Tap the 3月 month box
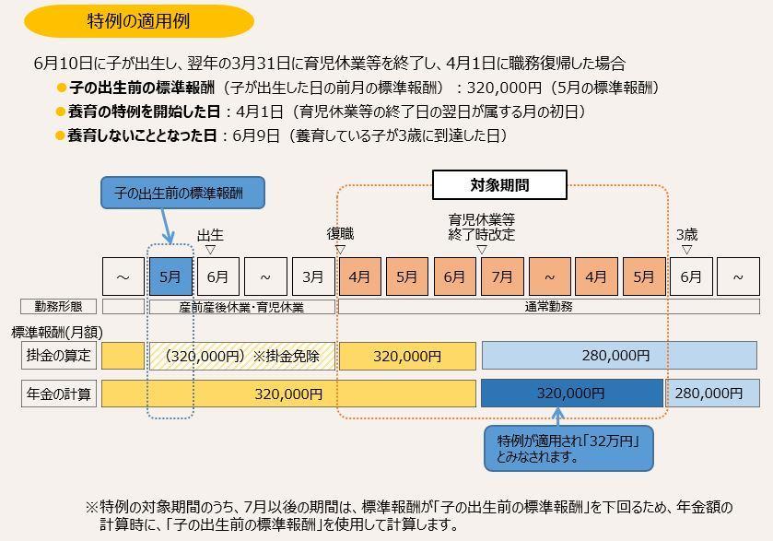click(313, 276)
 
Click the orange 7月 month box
click(502, 276)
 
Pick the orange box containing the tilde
click(549, 276)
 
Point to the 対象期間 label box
click(499, 185)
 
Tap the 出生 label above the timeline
click(210, 236)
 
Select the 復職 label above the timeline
click(340, 234)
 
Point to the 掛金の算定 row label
click(59, 356)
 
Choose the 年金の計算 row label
click(59, 394)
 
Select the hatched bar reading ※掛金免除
click(242, 356)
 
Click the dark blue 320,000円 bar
click(571, 394)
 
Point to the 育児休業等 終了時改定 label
click(481, 227)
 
